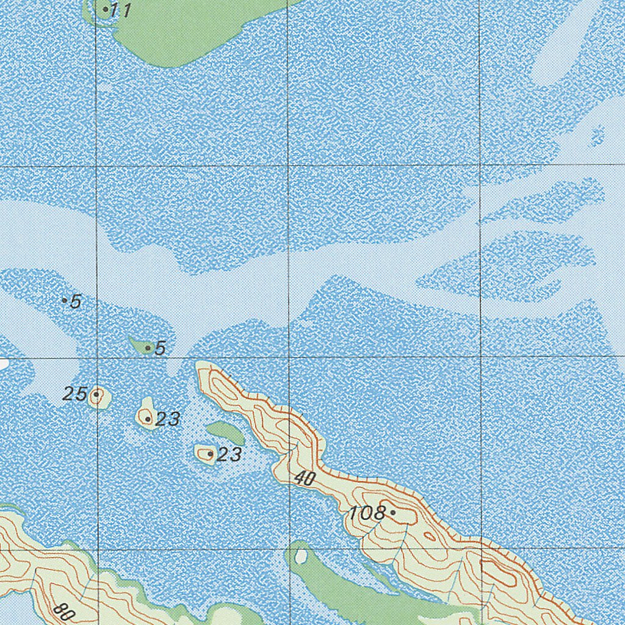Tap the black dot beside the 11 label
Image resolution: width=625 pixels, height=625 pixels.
106,9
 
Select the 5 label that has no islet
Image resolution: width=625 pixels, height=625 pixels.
76,302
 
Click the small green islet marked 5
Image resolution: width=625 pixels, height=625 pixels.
142,346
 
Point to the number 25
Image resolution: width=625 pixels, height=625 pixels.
74,394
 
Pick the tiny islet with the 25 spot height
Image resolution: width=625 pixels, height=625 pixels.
98,397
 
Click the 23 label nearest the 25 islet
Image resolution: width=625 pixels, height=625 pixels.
167,419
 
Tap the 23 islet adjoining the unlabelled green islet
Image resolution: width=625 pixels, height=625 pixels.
206,453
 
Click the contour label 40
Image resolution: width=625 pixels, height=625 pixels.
304,479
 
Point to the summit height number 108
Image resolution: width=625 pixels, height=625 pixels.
366,513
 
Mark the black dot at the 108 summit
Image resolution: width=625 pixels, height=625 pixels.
393,512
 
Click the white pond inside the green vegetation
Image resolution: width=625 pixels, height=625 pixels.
300,555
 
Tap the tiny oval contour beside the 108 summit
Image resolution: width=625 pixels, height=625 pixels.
430,537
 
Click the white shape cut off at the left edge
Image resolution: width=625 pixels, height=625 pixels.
3,364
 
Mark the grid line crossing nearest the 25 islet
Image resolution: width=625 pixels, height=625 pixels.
98,357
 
